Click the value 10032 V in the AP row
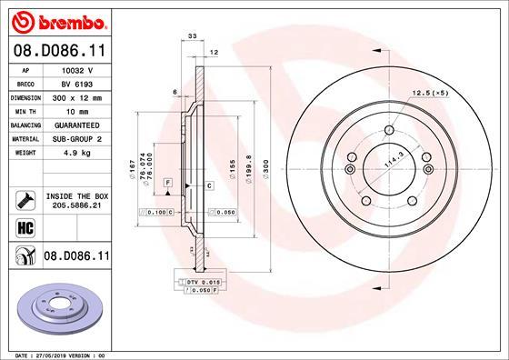point(77,68)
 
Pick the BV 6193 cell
point(77,81)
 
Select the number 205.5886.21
point(77,206)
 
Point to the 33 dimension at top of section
point(192,35)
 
